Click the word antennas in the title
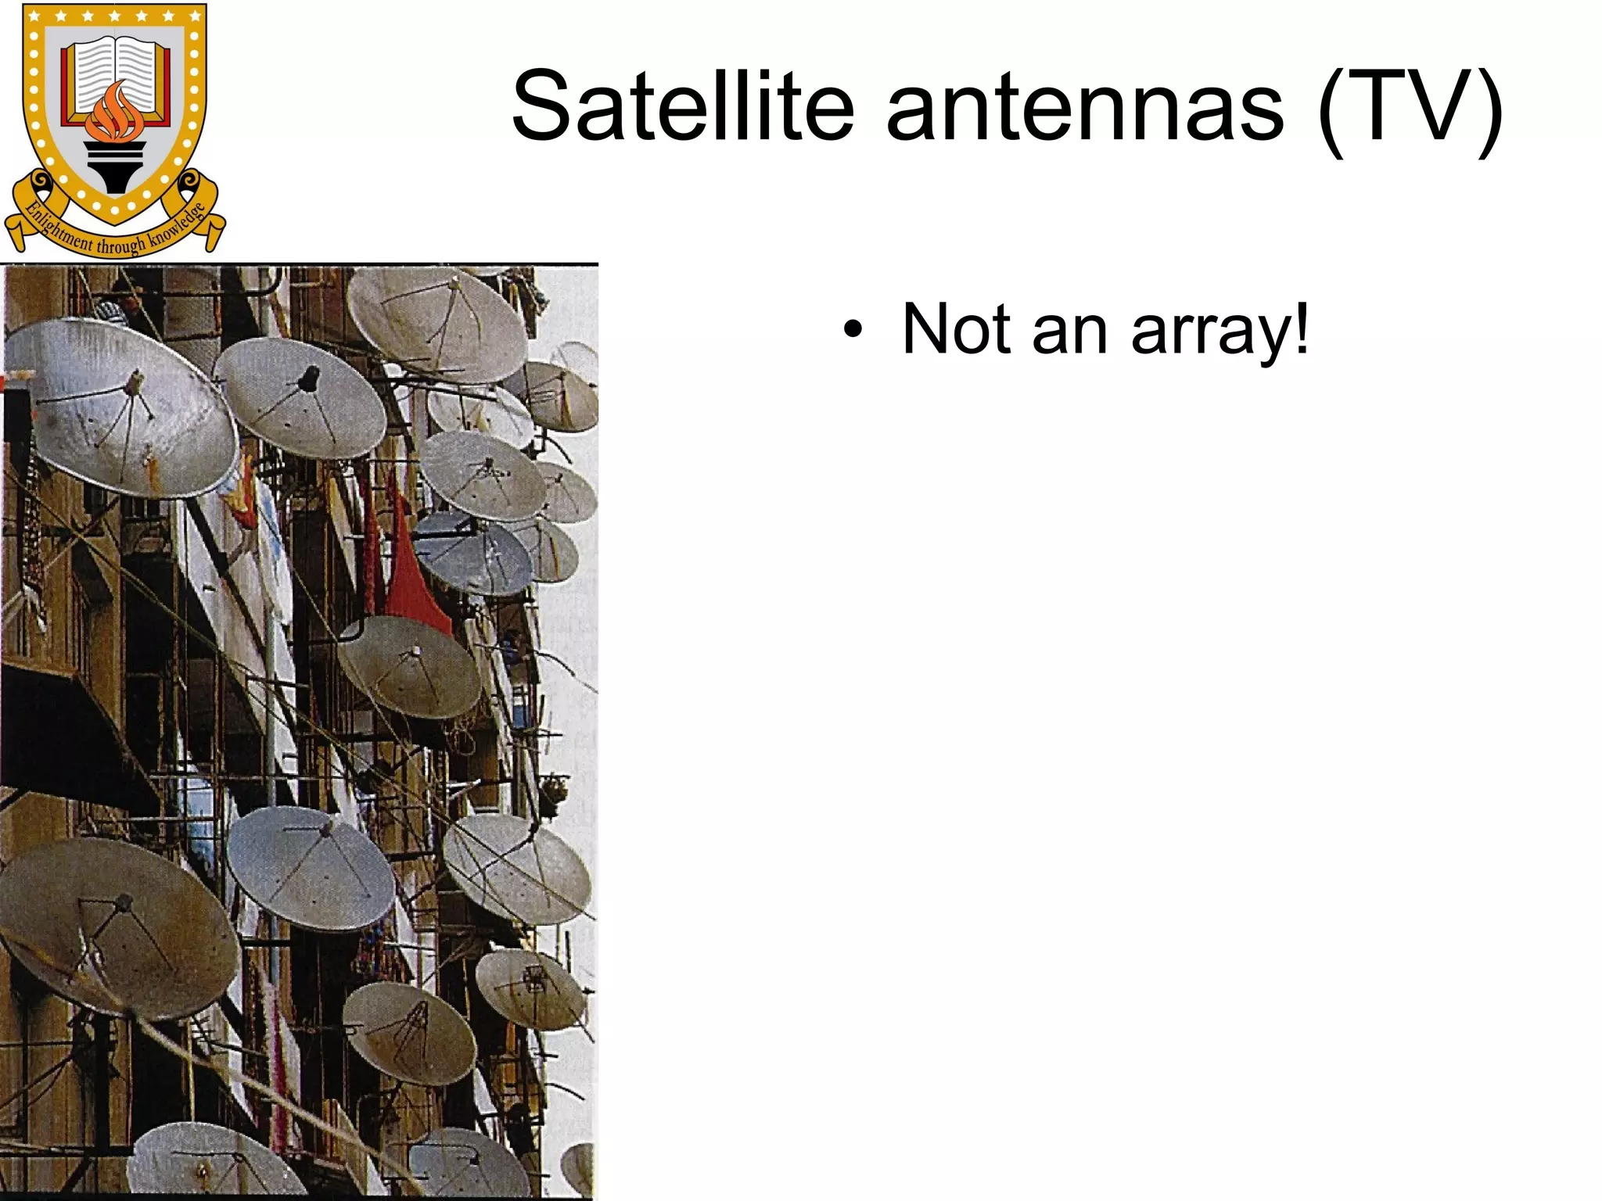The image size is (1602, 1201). click(x=1084, y=108)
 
